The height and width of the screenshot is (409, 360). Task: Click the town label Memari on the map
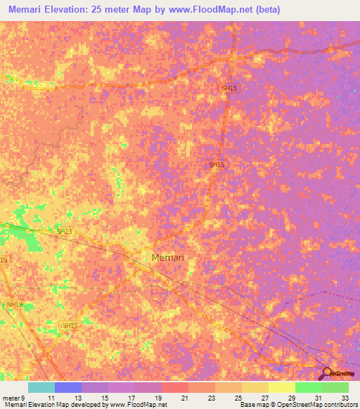(x=168, y=258)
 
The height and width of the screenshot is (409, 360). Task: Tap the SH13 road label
(x=64, y=231)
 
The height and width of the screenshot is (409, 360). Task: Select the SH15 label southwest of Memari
(x=69, y=325)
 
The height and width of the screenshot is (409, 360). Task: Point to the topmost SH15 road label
(x=229, y=89)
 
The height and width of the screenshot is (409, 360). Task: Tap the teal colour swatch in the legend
(x=41, y=387)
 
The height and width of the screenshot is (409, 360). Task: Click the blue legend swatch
(x=68, y=387)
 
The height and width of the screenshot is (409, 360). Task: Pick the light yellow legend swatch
(x=282, y=387)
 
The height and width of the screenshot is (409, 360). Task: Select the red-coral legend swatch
(x=175, y=387)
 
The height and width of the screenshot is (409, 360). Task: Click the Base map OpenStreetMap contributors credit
(x=298, y=405)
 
